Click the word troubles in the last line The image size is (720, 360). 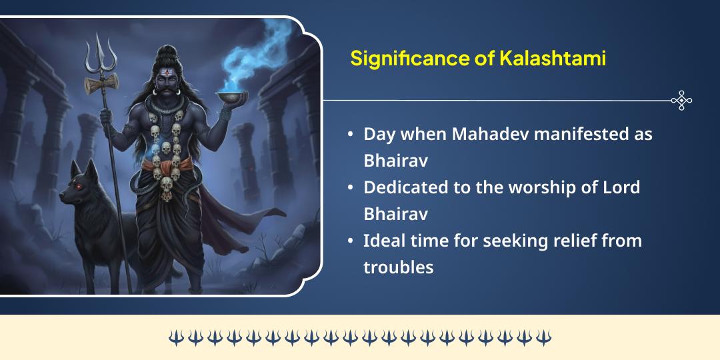398,267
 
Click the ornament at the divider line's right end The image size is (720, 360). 681,101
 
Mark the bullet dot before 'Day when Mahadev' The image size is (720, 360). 350,134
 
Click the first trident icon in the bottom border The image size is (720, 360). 175,337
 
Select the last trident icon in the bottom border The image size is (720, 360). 544,337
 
